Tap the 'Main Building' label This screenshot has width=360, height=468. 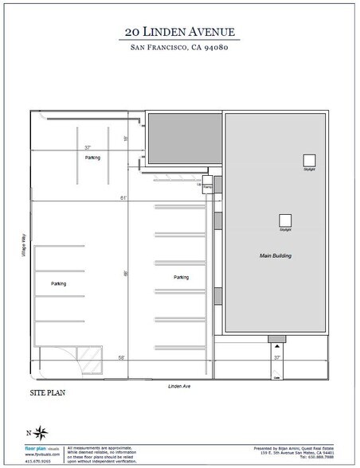pyautogui.click(x=276, y=256)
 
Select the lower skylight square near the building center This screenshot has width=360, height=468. pyautogui.click(x=284, y=220)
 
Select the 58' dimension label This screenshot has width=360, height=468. pyautogui.click(x=122, y=357)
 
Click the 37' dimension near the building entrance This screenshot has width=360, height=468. pyautogui.click(x=277, y=358)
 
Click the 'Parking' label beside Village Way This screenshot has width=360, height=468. pyautogui.click(x=58, y=283)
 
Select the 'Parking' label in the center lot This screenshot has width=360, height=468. pyautogui.click(x=181, y=277)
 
